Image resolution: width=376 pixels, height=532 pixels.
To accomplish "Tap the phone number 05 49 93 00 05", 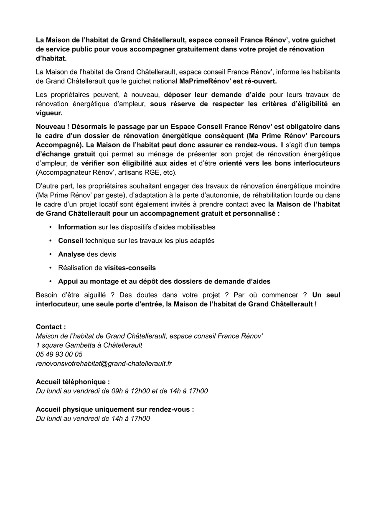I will click(59, 354).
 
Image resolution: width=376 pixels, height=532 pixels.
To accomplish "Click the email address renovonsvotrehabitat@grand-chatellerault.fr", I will click(104, 364).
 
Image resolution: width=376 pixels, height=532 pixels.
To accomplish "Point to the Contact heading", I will click(51, 327).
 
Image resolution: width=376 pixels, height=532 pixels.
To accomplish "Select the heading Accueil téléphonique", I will click(73, 382).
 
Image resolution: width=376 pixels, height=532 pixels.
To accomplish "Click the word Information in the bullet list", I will click(77, 227).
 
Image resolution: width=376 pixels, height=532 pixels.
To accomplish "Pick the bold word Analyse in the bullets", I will click(71, 254).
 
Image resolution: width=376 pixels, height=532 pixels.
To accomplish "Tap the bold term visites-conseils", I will click(130, 267).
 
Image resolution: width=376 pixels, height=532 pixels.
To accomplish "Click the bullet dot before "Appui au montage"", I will click(51, 281).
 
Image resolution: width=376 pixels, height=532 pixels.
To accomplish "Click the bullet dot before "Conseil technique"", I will click(51, 241).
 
